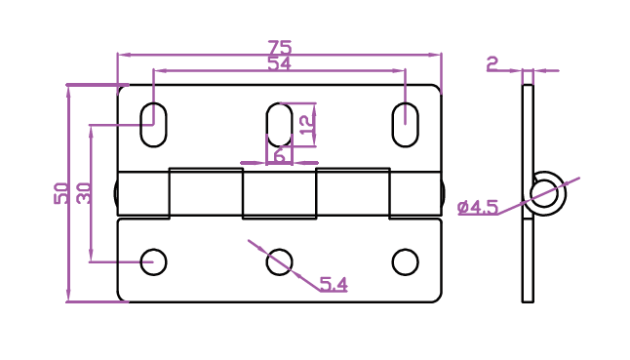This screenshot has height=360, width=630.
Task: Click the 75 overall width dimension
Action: [x=280, y=48]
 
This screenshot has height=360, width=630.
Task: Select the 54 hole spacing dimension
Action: [x=279, y=63]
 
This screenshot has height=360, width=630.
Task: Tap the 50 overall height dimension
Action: [x=60, y=193]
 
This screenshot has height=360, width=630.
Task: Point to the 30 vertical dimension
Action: [x=84, y=193]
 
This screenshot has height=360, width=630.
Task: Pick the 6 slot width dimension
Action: [x=280, y=155]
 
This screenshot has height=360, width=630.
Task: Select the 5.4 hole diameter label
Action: [x=334, y=285]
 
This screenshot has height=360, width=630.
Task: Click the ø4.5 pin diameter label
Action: [x=478, y=208]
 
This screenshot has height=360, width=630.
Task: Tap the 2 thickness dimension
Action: [x=492, y=63]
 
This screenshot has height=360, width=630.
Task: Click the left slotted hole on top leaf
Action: [x=153, y=125]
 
